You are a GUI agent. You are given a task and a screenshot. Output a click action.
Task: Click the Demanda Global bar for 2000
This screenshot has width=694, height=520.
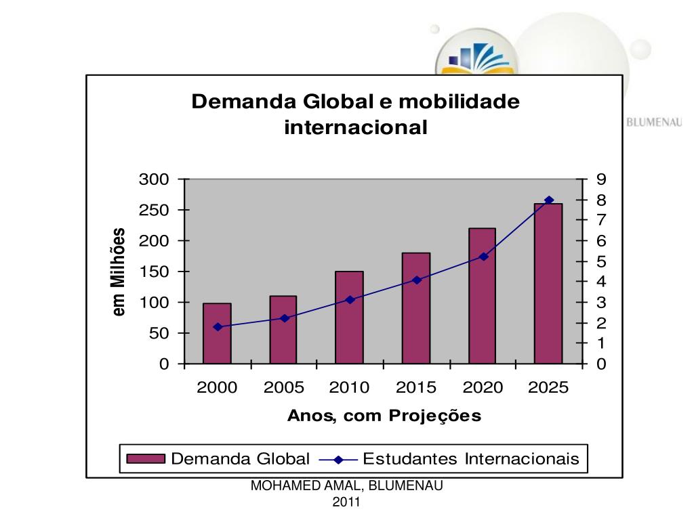pos(217,333)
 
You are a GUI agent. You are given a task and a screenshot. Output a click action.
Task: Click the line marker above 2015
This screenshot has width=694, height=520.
pos(417,280)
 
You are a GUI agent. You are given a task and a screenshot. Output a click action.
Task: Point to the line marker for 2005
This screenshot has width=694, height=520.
pos(284,318)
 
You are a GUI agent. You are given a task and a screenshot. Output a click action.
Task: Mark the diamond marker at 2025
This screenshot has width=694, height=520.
pos(549,200)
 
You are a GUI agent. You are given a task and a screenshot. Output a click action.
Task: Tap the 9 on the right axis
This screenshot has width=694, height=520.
pos(601,179)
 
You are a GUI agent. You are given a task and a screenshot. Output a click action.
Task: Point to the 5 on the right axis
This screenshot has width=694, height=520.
pos(601,261)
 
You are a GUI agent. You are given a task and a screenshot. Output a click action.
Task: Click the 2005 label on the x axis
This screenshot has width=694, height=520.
pos(284,388)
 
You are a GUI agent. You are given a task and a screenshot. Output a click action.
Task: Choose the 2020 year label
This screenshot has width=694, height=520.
pos(483,388)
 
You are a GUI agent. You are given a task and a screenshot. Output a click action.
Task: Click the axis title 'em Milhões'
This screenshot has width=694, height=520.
pos(119,272)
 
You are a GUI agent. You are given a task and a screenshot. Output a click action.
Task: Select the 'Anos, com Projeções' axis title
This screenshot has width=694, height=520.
pos(384,416)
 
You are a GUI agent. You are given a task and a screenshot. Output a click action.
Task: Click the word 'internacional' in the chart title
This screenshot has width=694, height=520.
pos(356,127)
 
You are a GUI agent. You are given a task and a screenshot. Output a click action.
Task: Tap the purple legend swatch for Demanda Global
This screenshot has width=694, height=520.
pos(146,459)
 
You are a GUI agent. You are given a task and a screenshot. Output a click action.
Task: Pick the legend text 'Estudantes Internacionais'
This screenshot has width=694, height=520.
pos(471,459)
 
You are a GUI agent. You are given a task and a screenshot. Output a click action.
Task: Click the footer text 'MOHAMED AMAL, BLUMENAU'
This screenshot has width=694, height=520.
pos(347,485)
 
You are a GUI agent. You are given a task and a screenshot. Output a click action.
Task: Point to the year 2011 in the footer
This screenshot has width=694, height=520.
pos(346,502)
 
